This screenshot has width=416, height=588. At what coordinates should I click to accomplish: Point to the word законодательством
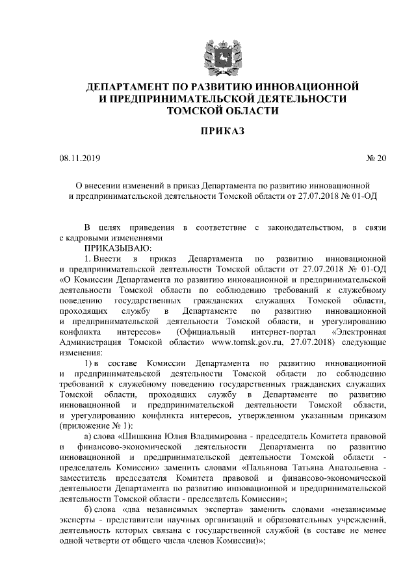click(304, 227)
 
